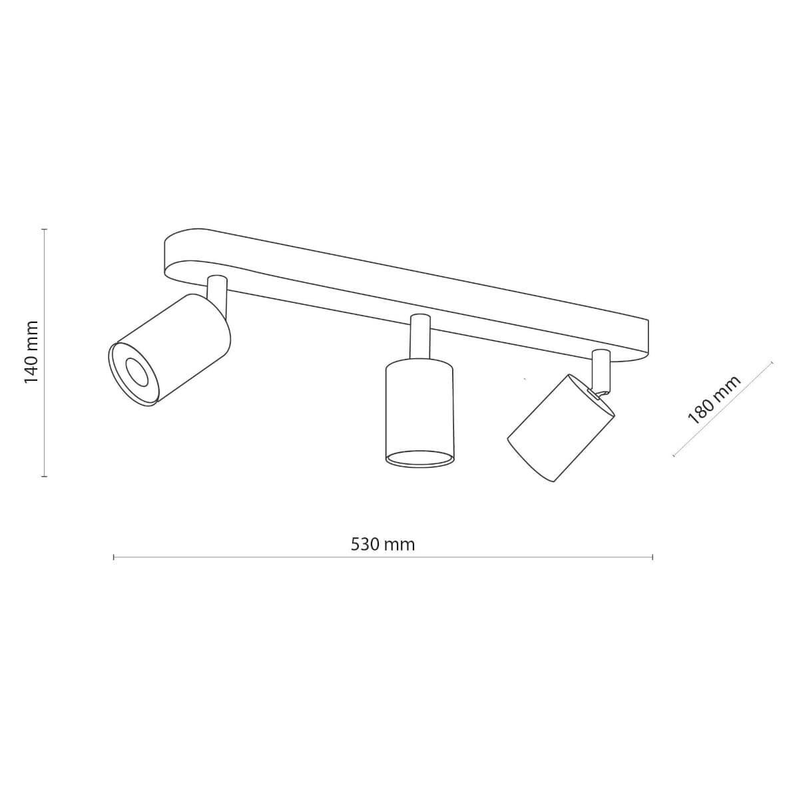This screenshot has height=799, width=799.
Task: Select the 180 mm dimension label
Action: pos(714,400)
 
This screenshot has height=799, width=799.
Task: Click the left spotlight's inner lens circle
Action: pos(136,372)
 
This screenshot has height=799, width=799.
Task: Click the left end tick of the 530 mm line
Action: pos(114,557)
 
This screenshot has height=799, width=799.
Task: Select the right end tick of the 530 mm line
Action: pos(653,557)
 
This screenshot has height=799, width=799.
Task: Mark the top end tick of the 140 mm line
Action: pos(45,229)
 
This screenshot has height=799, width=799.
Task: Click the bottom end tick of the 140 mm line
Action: pos(45,477)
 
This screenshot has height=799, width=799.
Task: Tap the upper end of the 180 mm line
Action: pos(772,363)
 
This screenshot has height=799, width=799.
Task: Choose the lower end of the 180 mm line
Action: pos(674,456)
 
